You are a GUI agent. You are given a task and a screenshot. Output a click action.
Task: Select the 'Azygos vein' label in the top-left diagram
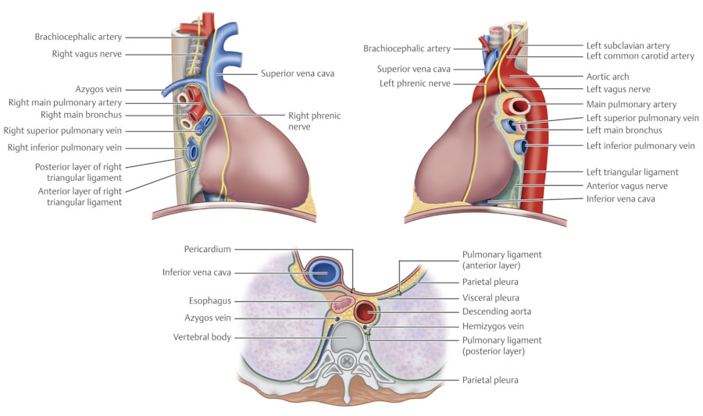(x=97, y=91)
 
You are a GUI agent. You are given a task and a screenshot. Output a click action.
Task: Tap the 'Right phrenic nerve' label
(x=315, y=121)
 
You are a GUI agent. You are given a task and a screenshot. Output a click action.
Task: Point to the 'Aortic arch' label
(x=608, y=77)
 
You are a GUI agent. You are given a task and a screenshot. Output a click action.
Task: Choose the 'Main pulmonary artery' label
(x=631, y=105)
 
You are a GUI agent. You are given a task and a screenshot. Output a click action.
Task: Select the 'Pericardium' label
(x=207, y=249)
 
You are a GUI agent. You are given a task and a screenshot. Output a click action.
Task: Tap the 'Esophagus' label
(x=209, y=300)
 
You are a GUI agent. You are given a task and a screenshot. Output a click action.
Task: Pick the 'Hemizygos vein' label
(x=493, y=326)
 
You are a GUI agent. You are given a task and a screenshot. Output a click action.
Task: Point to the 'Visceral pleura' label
(x=491, y=297)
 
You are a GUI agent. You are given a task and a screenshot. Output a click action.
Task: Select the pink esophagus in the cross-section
(x=342, y=302)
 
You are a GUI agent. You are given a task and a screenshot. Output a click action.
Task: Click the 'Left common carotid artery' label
(x=640, y=56)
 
